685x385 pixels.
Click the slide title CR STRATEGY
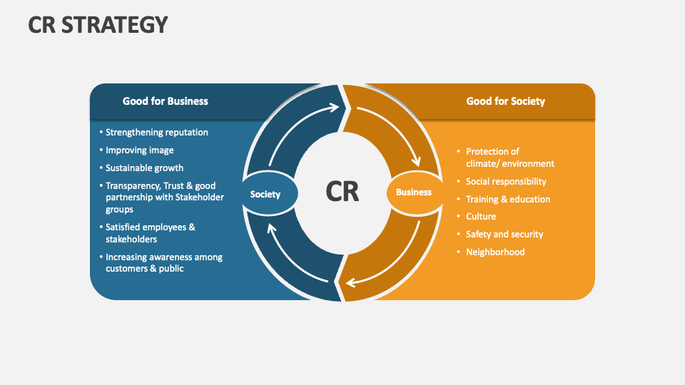(98, 24)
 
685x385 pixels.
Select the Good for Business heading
(165, 101)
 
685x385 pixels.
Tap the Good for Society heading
(505, 101)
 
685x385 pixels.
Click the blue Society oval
(265, 194)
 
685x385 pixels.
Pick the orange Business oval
(414, 192)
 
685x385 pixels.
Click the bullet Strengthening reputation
(157, 132)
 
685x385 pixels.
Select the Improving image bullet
(140, 150)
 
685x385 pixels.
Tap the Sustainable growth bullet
(145, 168)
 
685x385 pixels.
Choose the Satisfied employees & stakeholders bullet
(151, 233)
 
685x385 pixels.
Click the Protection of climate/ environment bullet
(509, 158)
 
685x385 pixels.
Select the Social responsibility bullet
(506, 182)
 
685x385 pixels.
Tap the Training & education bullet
(508, 200)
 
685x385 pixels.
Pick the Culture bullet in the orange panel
(481, 217)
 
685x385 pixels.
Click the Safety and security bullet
(504, 235)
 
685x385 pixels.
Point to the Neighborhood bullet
(495, 252)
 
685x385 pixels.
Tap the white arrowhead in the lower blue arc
(272, 227)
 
